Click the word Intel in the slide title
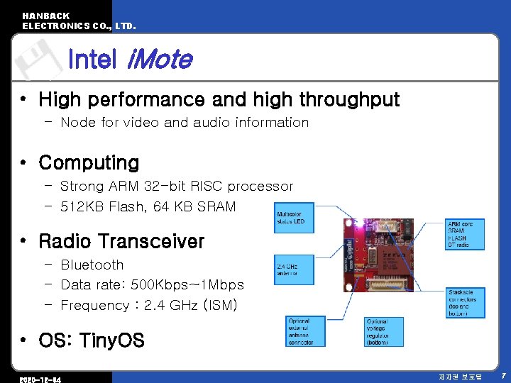point(92,60)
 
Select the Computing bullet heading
point(89,162)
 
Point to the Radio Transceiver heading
point(121,241)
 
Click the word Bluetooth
point(92,265)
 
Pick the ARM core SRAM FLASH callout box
point(465,234)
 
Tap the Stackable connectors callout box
point(465,303)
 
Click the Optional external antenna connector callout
point(305,332)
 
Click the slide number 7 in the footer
point(502,374)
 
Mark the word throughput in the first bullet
point(344,99)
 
